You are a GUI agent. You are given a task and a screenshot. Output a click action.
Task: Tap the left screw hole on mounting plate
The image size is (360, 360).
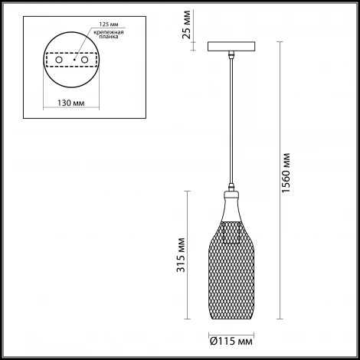pos(57,60)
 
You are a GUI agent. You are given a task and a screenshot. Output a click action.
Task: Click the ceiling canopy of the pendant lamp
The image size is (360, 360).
pos(231,46)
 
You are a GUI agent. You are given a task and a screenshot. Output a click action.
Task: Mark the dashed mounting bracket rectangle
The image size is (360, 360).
pos(74,60)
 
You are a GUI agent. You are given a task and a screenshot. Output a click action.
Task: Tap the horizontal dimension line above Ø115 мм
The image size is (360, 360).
pos(231,332)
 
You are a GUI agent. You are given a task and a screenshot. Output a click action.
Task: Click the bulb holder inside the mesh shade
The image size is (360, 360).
pos(231,230)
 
